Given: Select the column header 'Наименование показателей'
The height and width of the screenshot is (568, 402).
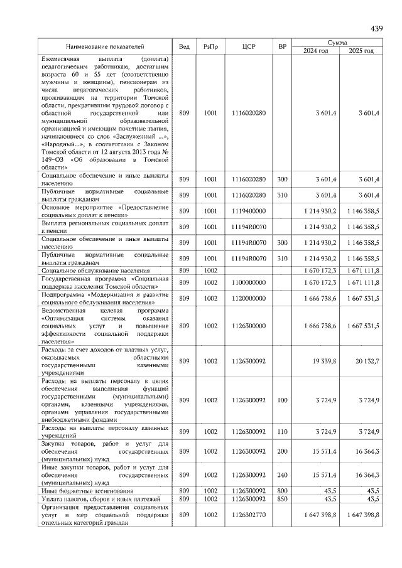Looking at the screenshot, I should [x=106, y=46].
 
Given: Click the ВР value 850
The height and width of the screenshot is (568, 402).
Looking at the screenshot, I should [x=282, y=499].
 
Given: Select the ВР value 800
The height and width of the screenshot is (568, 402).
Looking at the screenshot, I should [x=282, y=491].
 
